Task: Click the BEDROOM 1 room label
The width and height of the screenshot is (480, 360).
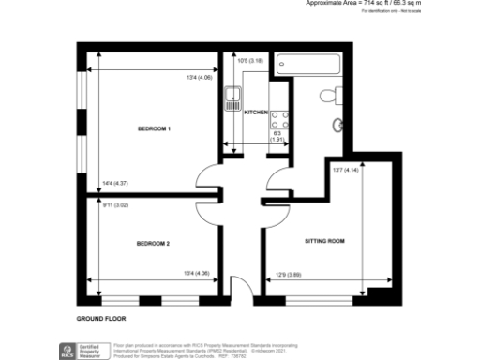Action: click(154, 127)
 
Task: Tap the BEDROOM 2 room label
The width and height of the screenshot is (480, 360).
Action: click(154, 244)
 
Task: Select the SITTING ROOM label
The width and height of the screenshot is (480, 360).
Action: click(325, 242)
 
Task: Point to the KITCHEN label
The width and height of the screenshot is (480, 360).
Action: click(256, 112)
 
